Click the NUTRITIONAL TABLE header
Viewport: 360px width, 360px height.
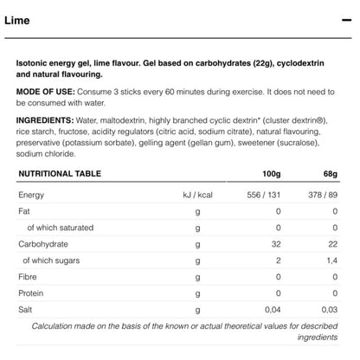coord(60,173)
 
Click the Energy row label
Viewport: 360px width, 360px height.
coord(32,196)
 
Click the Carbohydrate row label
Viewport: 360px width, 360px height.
coord(44,245)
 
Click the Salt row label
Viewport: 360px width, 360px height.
coord(27,309)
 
